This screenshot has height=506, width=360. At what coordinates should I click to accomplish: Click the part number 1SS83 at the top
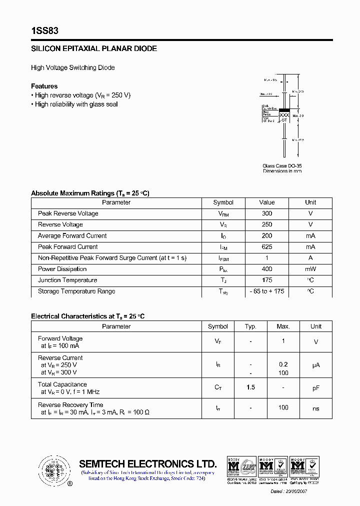click(x=44, y=31)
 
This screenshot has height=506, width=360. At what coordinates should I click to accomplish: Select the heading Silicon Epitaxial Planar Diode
click(x=94, y=49)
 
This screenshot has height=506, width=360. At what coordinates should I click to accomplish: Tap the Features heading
click(x=44, y=86)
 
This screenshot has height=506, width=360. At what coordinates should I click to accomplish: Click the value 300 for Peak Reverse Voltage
click(x=267, y=213)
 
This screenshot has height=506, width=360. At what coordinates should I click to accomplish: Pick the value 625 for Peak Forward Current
click(x=267, y=247)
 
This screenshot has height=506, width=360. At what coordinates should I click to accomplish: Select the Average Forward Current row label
click(x=72, y=236)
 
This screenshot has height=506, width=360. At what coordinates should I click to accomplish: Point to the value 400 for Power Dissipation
click(x=267, y=269)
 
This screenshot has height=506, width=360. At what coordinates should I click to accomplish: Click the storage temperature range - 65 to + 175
click(x=267, y=291)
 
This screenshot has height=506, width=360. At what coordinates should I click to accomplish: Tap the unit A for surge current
click(x=310, y=258)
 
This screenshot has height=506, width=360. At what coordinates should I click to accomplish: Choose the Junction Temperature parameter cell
click(x=67, y=280)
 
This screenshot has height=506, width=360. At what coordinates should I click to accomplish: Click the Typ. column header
click(x=250, y=326)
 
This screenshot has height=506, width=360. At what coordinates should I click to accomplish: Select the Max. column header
click(x=283, y=326)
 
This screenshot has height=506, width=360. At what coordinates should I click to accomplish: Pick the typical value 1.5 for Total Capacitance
click(x=250, y=388)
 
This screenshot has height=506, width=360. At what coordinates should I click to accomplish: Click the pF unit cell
click(x=316, y=388)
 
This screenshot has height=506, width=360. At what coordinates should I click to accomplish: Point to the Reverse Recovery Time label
click(x=70, y=405)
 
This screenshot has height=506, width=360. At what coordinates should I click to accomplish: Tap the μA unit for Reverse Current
click(x=316, y=365)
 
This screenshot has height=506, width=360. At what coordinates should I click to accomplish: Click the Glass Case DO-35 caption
click(x=282, y=166)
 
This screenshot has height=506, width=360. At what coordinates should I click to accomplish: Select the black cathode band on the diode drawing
click(x=284, y=109)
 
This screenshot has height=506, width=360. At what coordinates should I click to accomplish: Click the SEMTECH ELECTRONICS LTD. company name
click(x=148, y=463)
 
